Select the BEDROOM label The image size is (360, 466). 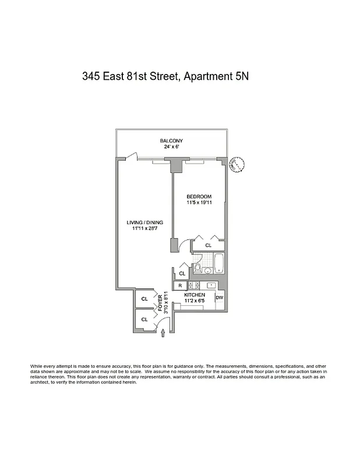pos(199,196)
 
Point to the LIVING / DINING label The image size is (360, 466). pos(145,223)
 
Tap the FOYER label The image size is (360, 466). pos(161,303)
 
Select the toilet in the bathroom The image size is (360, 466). pos(198,269)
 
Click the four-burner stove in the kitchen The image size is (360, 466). pos(192,285)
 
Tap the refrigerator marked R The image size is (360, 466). pos(180,285)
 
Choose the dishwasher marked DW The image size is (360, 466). pos(220,298)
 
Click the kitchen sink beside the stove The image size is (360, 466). pos(210,285)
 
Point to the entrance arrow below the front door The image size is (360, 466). pos(163,333)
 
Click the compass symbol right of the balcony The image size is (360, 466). pos(237,164)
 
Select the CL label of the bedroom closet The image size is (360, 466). pos(208,246)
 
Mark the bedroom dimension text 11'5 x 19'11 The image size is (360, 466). pos(199,203)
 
